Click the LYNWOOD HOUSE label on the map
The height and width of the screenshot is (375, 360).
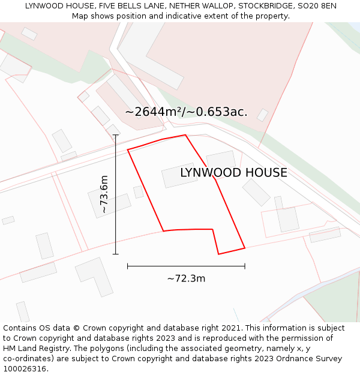point(233,173)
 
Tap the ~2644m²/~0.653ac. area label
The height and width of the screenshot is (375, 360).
point(186,112)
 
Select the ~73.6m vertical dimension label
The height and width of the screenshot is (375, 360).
point(104,194)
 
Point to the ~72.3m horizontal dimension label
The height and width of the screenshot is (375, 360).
point(186,278)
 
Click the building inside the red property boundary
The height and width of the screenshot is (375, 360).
point(179,175)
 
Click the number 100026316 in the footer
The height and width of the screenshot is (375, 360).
point(25,369)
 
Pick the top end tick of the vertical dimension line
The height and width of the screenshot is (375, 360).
point(116,135)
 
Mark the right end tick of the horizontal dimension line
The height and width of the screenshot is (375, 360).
point(245,266)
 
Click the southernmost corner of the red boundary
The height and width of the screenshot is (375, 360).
point(218,254)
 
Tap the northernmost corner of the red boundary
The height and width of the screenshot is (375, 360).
point(185,135)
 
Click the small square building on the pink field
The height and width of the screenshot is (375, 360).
point(262,115)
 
